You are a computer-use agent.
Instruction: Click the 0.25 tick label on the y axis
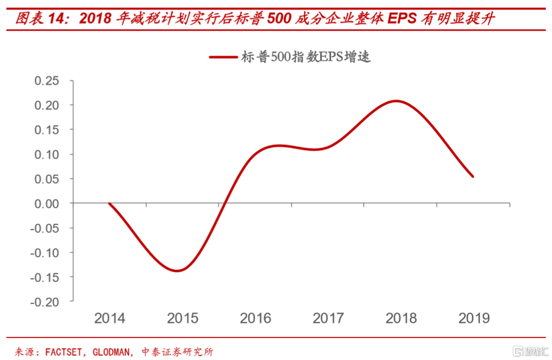click(x=47, y=81)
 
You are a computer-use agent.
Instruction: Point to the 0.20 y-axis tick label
click(x=47, y=105)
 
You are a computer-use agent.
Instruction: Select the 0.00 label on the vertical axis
click(x=47, y=203)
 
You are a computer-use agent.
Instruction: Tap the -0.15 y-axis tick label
click(x=45, y=277)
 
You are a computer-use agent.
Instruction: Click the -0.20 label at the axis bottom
click(x=45, y=302)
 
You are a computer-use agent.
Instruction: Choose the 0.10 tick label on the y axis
click(x=47, y=154)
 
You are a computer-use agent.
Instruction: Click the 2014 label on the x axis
click(x=110, y=318)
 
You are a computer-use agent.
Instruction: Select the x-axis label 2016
click(x=256, y=318)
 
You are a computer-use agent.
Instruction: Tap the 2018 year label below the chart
click(x=401, y=318)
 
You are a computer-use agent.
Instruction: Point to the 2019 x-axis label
click(x=474, y=318)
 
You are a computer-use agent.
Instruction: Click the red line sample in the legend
click(x=223, y=57)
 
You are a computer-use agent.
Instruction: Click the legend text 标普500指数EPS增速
click(x=305, y=57)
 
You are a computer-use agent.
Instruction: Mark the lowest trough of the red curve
click(x=177, y=270)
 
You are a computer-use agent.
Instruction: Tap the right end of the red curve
click(x=473, y=176)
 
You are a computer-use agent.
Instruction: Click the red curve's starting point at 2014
click(x=109, y=203)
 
